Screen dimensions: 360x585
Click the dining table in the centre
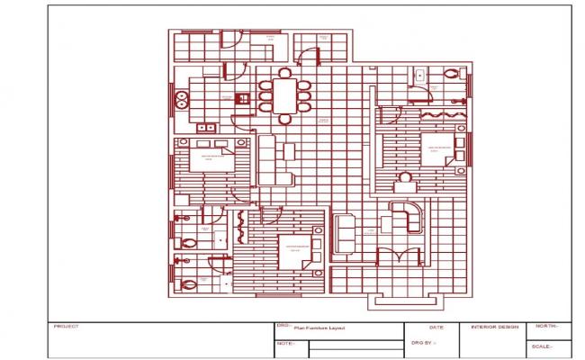click(284, 94)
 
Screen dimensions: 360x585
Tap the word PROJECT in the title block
click(67, 327)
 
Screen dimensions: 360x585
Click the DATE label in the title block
click(436, 328)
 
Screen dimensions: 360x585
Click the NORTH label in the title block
click(546, 326)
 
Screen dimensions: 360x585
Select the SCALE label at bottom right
click(542, 346)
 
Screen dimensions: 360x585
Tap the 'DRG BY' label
click(423, 343)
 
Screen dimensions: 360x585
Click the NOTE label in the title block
click(285, 344)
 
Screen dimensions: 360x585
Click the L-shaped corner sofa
click(407, 218)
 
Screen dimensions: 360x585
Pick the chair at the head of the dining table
click(285, 71)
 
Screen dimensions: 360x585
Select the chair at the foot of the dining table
click(285, 118)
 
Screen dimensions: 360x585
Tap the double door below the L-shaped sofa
click(399, 256)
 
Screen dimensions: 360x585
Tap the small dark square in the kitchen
click(240, 98)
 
